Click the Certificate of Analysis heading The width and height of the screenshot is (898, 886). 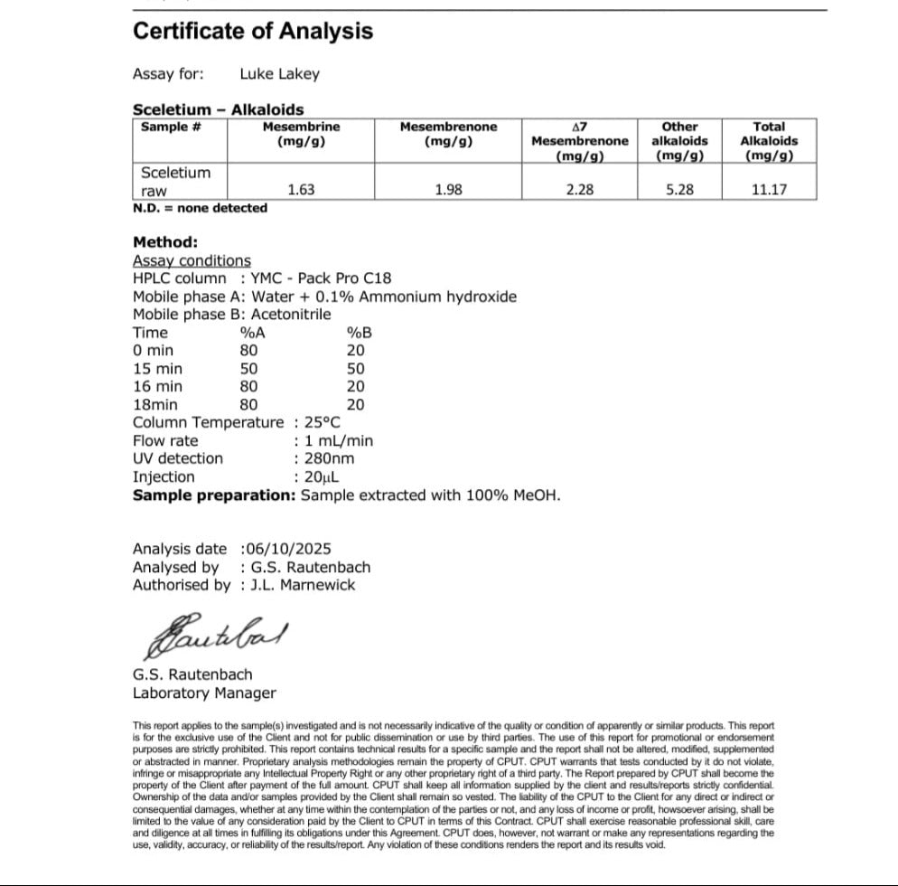coord(253,31)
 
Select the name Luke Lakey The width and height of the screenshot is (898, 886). coord(279,74)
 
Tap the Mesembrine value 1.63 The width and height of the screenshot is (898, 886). coord(301,190)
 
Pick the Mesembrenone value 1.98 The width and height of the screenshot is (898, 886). coord(448,190)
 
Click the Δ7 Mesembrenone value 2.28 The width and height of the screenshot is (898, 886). coord(579,190)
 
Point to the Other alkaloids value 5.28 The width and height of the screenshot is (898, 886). coord(679,190)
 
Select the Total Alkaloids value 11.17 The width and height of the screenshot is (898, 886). coord(769,190)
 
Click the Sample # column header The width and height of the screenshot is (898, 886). coord(171,127)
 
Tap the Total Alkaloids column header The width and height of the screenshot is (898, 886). coord(769,140)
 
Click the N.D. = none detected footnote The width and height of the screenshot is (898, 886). coord(200,208)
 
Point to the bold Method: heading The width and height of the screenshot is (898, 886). coord(165,242)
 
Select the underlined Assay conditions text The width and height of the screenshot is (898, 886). coord(192,260)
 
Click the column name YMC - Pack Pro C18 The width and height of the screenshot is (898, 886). coord(322,278)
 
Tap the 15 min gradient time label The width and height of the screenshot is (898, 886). coord(157,369)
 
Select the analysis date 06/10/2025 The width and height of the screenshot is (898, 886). coord(288,549)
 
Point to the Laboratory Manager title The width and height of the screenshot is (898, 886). coord(204,693)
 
